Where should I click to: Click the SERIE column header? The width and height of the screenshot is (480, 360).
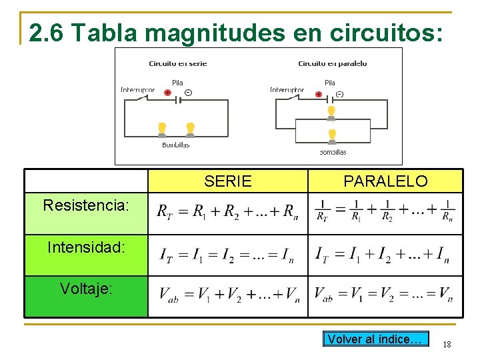228,181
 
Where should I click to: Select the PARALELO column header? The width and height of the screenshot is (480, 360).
385,181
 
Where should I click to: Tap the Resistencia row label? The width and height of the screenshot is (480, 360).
86,205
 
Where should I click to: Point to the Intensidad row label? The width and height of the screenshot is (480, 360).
86,248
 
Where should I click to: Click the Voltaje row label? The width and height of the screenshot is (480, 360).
86,289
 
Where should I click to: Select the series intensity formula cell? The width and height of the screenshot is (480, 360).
227,255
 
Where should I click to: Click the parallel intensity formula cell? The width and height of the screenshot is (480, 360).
385,255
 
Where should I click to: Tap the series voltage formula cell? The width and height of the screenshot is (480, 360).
227,295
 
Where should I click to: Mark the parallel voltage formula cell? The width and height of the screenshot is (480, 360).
385,295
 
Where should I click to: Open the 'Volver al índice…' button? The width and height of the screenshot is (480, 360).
375,339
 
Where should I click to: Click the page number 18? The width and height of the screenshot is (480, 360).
447,344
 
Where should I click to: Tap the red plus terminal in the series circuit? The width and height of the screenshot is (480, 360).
167,93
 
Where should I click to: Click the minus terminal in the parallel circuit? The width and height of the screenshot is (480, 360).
339,94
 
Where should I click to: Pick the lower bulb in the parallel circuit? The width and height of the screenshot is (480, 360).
332,137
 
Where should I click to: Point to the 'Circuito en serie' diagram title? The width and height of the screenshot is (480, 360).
177,64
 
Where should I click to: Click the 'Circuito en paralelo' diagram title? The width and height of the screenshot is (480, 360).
332,64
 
